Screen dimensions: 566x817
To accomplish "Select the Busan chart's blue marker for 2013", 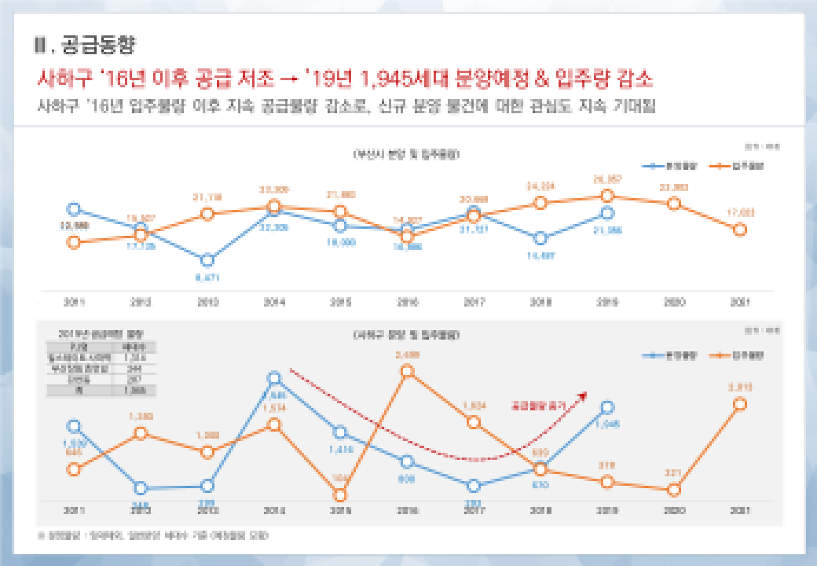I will click(207, 260).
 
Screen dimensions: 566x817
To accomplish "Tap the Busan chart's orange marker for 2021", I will click(739, 230).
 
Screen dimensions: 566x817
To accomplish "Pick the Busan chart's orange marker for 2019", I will click(606, 195).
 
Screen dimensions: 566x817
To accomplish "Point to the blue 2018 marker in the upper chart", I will click(540, 238).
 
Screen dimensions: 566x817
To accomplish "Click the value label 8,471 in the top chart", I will click(207, 277).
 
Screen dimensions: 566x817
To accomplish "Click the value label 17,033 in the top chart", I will click(739, 212).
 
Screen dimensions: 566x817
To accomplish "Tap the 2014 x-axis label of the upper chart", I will click(273, 302).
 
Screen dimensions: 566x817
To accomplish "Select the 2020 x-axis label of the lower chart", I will click(673, 510).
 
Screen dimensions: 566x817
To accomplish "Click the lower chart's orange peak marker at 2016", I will click(407, 371).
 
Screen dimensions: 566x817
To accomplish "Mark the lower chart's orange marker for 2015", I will click(340, 494).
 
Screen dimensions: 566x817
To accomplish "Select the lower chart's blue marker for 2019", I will click(606, 407).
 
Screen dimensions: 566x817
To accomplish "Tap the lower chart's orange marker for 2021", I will click(739, 403).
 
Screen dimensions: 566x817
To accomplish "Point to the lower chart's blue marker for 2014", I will click(274, 379).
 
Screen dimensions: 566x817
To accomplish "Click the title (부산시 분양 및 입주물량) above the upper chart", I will click(406, 154).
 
